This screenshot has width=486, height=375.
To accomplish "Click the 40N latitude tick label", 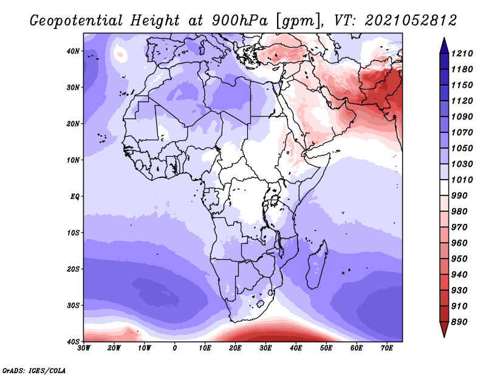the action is (x=73, y=51).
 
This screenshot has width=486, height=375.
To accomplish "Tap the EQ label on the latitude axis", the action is (x=75, y=197).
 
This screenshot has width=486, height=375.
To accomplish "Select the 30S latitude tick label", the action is (x=73, y=306).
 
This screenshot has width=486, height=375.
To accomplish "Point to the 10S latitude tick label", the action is (x=73, y=233).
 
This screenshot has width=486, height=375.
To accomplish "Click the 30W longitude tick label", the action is (x=84, y=348).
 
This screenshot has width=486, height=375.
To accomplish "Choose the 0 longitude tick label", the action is (x=175, y=348).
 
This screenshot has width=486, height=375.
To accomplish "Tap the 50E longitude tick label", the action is (x=326, y=348).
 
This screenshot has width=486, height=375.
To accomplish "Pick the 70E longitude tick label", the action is (x=387, y=348).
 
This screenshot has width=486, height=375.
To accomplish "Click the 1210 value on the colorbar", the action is (x=462, y=53).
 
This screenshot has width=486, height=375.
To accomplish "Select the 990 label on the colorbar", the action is (x=459, y=196).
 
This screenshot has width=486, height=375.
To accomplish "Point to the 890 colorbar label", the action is (x=459, y=322).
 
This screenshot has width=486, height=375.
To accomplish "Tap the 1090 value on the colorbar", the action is (x=462, y=117).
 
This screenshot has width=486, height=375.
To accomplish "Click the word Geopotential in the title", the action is (x=77, y=21).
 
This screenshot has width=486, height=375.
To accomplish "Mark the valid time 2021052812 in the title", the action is (x=411, y=21).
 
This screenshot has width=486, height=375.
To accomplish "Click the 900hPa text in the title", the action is (x=239, y=21).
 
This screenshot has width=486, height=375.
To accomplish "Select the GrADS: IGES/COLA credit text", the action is (x=34, y=370).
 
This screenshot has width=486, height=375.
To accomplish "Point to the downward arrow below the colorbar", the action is (x=444, y=329).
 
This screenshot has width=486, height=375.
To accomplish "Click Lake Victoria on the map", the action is (x=274, y=200).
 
